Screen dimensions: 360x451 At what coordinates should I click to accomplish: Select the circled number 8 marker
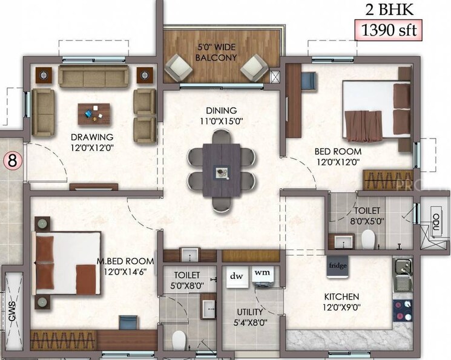coord(11,161)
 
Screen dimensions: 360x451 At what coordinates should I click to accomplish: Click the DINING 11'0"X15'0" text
coord(220,115)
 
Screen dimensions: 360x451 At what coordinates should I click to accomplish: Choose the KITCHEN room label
coord(341,302)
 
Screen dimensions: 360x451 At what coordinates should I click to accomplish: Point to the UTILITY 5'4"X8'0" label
coord(249,317)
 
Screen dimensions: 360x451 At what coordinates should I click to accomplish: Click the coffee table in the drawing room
coord(94,113)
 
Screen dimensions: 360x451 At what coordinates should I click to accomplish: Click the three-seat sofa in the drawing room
coord(93,76)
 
